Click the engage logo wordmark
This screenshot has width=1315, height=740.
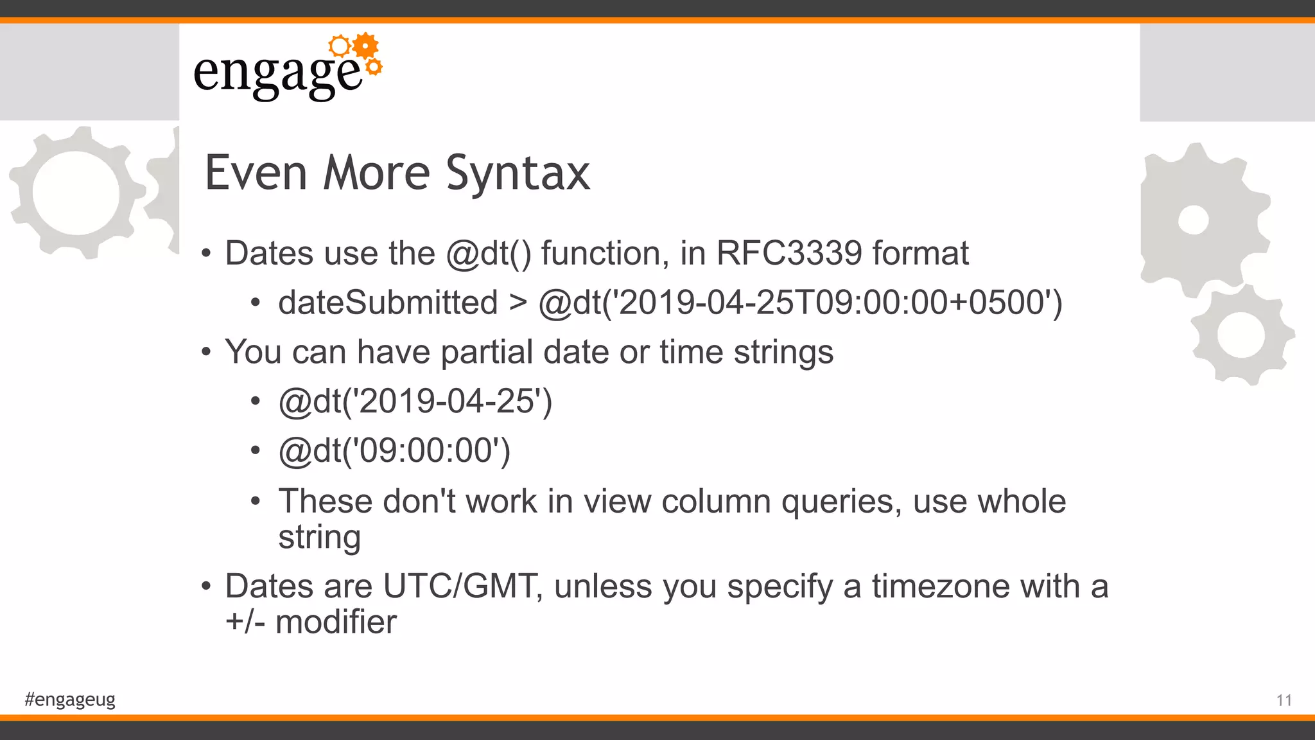coord(277,74)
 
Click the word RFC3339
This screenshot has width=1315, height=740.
coord(788,253)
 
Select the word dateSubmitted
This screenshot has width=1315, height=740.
coord(388,303)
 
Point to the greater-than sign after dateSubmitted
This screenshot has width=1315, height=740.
coord(518,303)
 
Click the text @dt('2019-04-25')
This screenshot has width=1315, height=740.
coord(415,401)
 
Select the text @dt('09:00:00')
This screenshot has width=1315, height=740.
coord(394,451)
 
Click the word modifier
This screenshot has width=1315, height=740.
coord(336,622)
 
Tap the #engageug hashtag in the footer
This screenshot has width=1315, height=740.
coord(70,699)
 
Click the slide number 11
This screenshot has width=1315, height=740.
coord(1284,700)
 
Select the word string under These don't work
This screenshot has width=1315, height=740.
coord(319,537)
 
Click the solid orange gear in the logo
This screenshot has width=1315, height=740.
coord(365,46)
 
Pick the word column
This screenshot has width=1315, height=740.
coord(716,501)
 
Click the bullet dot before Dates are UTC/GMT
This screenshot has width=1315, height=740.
coord(205,586)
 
